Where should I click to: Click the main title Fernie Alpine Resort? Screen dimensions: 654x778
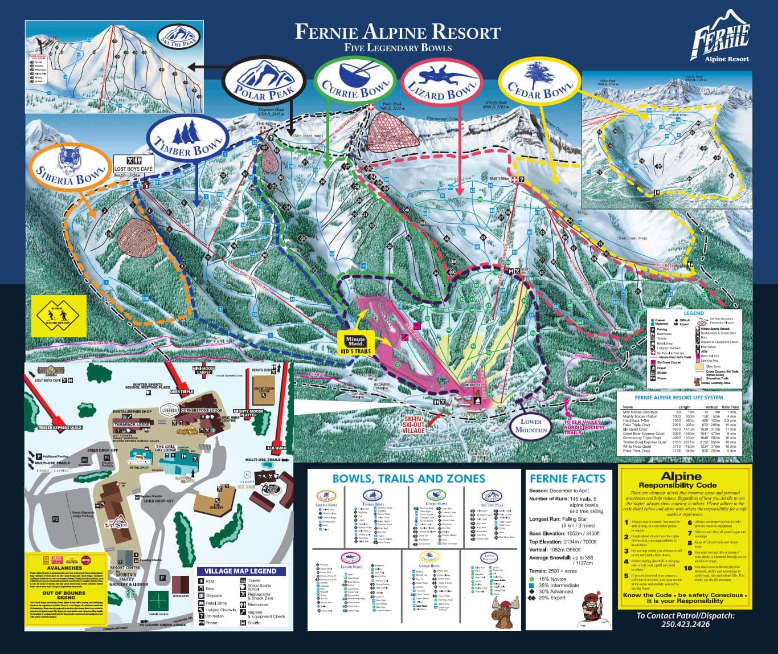398,31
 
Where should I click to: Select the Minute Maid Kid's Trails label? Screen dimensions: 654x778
355,345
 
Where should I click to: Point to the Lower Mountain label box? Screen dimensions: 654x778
530,426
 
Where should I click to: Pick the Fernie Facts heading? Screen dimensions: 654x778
567,479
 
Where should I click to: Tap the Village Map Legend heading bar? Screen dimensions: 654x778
240,571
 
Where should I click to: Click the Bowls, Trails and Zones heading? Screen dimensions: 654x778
408,479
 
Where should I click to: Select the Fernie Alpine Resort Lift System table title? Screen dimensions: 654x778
679,397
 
